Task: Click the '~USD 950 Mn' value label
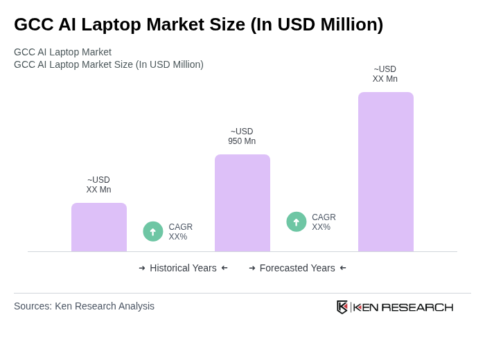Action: [242, 136]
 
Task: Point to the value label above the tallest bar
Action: [385, 74]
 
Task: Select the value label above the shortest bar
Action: [98, 185]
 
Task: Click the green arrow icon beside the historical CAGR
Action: [153, 231]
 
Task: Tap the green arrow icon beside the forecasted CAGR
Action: [297, 222]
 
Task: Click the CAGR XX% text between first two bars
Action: [181, 232]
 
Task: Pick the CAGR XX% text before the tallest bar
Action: [324, 222]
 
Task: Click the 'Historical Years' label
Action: [183, 268]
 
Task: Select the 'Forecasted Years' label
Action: [297, 268]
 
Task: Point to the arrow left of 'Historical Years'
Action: [142, 268]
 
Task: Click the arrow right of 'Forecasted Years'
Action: [343, 268]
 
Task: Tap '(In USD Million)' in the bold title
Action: [317, 24]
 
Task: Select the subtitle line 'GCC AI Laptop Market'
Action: [62, 52]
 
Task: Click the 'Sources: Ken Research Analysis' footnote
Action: [84, 306]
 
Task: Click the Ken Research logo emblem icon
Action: [342, 307]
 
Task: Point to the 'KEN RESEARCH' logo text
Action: [403, 307]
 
